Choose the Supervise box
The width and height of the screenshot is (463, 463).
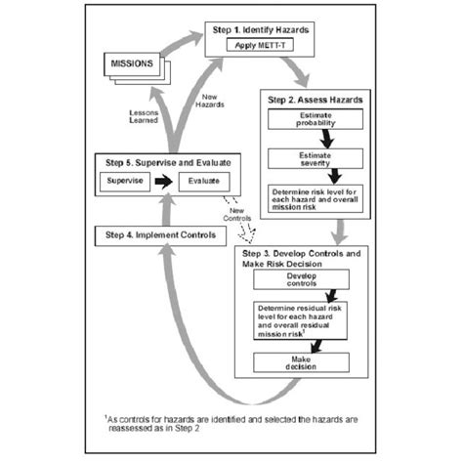[x=131, y=182]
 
